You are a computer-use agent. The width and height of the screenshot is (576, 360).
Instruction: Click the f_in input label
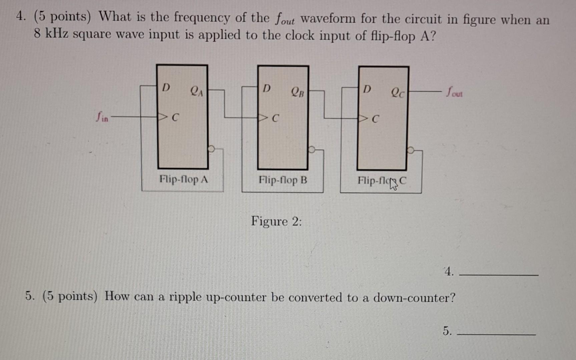point(102,117)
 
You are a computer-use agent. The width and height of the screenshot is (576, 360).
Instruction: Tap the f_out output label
point(454,92)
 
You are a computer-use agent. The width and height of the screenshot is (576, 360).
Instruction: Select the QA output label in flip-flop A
point(196,91)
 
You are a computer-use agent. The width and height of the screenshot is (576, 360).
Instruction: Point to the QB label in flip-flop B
point(298,91)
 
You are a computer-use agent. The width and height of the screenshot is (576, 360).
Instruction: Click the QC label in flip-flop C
point(398,92)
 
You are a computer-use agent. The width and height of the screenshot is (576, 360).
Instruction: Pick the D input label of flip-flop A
point(166,88)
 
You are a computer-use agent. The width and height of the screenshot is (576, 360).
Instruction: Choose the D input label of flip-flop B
point(266,88)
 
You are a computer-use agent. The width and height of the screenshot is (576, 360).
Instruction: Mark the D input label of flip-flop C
point(367,89)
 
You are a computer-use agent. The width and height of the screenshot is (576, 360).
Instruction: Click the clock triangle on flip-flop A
point(163,117)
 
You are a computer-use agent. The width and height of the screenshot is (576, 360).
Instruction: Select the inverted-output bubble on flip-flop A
point(211,149)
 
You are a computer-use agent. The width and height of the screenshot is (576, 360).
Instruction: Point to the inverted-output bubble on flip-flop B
point(312,149)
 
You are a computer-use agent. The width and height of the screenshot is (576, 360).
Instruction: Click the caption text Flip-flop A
point(183,179)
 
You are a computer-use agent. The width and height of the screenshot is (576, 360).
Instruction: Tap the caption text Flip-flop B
point(283,180)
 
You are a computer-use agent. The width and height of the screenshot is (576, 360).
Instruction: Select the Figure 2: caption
point(276,221)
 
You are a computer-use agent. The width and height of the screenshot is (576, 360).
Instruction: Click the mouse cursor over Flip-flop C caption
point(394,184)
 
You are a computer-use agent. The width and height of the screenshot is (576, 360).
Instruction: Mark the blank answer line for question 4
point(499,275)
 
